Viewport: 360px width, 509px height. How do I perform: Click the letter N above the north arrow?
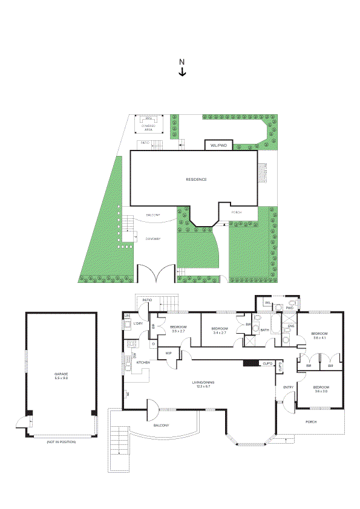(x=182, y=62)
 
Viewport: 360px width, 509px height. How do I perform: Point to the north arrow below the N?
(x=182, y=72)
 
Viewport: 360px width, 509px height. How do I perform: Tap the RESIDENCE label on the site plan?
(x=196, y=180)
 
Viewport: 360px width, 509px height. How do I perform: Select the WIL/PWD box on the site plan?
(x=218, y=146)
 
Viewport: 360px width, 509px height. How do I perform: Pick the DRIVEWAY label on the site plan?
(x=153, y=239)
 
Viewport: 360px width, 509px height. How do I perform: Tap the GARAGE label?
(x=61, y=375)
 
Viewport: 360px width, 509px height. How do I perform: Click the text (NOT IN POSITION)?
(x=61, y=443)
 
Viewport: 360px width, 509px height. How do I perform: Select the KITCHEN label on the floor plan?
(x=143, y=362)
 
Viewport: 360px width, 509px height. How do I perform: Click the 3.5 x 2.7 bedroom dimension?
(x=179, y=331)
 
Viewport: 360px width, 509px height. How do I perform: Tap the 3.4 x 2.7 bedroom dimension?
(x=220, y=332)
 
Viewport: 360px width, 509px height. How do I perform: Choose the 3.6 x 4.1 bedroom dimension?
(x=319, y=338)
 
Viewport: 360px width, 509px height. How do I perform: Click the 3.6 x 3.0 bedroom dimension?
(x=320, y=391)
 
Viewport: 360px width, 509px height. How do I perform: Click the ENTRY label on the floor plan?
(x=288, y=387)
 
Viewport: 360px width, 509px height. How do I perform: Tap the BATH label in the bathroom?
(x=264, y=330)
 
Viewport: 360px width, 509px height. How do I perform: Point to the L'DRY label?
(x=138, y=325)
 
